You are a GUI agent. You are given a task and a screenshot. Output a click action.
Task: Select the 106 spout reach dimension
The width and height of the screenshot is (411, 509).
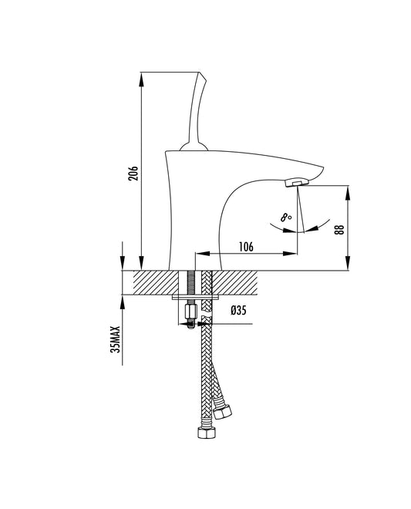[246, 247]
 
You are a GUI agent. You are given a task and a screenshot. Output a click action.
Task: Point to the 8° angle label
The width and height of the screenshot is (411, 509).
[286, 218]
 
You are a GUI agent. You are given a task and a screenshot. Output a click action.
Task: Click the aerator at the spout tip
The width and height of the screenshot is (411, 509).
[296, 183]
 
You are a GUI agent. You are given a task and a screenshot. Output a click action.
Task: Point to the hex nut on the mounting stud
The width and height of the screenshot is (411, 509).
[189, 313]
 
